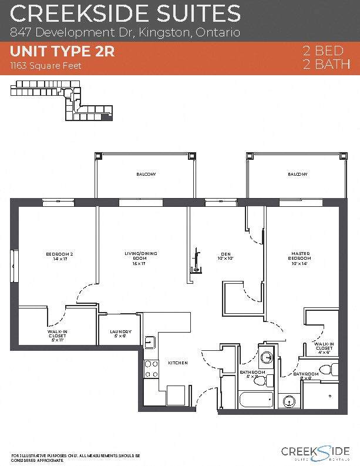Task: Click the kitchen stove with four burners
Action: point(152,368)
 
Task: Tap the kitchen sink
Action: point(150,341)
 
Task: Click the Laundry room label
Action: point(120,334)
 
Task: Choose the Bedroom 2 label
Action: point(59,256)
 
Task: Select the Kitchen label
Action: point(177,363)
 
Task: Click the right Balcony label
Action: point(297,175)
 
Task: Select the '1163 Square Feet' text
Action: point(45,66)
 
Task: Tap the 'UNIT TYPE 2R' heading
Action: point(62,52)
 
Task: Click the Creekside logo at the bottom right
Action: point(315,452)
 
